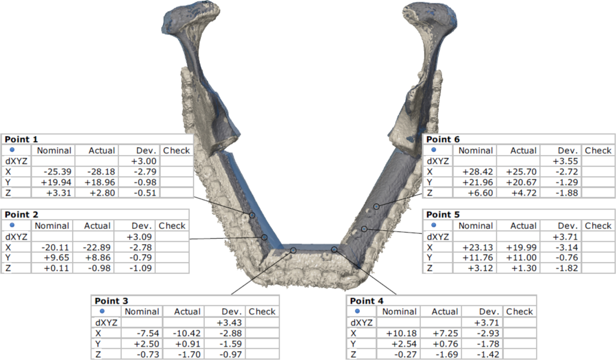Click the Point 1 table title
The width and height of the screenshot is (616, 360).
(x=21, y=140)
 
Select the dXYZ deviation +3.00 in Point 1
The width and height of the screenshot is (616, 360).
(x=144, y=161)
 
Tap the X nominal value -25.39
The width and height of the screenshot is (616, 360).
(x=58, y=172)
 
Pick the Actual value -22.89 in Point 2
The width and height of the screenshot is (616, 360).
(x=96, y=247)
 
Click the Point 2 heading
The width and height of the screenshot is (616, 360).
(x=22, y=214)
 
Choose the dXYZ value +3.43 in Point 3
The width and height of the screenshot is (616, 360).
(x=229, y=323)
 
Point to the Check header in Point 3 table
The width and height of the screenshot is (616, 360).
(x=262, y=312)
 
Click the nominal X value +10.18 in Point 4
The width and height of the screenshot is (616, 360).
(x=401, y=333)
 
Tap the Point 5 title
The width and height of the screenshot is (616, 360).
(x=443, y=214)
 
